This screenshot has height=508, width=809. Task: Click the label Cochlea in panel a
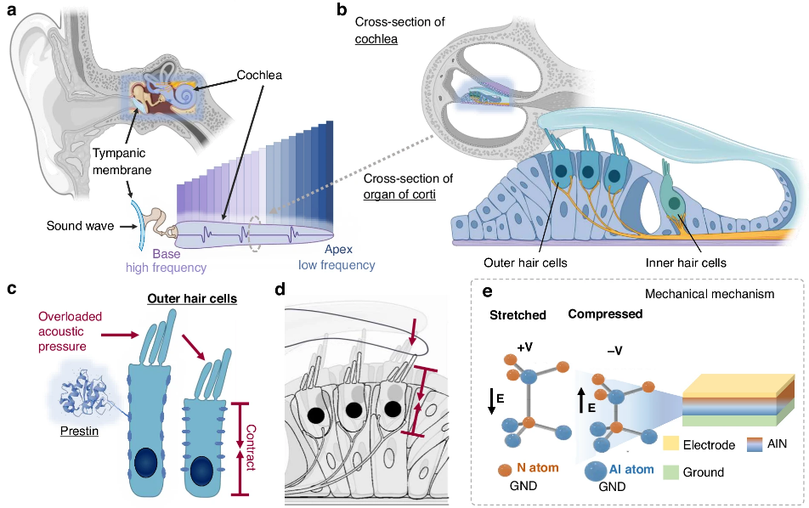coord(259,76)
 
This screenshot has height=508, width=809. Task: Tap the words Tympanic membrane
coord(122,161)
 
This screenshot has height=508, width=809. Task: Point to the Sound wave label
coord(80,226)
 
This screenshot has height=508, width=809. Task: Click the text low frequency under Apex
coord(337,265)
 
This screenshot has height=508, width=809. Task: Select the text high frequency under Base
coord(167,268)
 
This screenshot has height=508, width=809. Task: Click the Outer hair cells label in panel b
coord(525,263)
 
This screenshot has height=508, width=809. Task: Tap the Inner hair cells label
coord(686,263)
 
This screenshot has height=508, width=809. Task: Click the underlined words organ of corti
coord(399,195)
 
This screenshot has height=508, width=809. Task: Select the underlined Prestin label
coord(79,432)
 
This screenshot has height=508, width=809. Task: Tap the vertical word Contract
coord(251,448)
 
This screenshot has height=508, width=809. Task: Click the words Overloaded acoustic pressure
coord(70,331)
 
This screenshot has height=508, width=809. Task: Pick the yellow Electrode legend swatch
coord(670,443)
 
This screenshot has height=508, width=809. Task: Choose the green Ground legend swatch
coord(670,472)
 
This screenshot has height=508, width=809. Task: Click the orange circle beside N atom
coord(505,469)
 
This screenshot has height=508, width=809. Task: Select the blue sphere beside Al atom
coord(595,471)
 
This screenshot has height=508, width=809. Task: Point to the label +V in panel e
coord(524,347)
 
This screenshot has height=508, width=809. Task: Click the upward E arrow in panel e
coord(581,401)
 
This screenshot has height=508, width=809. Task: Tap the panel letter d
coord(280,290)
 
